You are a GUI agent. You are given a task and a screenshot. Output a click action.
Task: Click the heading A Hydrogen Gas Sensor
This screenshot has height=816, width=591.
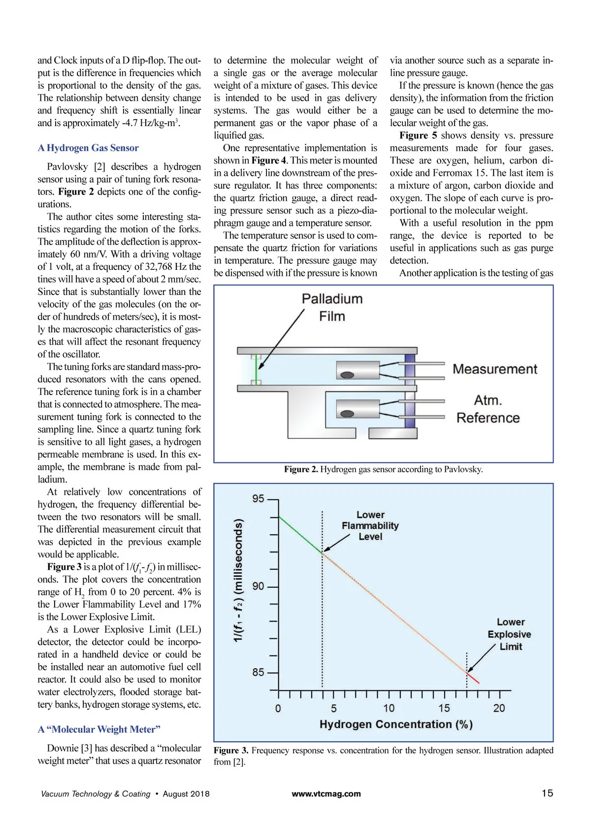click(88, 148)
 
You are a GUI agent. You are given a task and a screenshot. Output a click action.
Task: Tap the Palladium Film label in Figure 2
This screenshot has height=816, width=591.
click(332, 307)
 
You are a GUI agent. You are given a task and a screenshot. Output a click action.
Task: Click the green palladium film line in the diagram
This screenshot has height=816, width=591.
click(256, 369)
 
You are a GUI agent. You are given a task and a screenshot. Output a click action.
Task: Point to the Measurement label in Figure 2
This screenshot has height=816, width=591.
click(495, 369)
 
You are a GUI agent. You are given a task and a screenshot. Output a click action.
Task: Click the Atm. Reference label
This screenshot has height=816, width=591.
click(488, 409)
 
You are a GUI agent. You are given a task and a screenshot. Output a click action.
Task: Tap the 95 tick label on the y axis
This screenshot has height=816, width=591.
click(258, 498)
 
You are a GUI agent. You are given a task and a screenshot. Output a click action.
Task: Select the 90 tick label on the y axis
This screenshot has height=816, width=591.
click(258, 586)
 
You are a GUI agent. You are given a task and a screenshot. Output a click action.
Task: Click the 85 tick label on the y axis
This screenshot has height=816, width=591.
click(258, 672)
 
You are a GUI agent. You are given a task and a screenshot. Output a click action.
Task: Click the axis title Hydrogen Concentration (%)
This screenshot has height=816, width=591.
click(396, 724)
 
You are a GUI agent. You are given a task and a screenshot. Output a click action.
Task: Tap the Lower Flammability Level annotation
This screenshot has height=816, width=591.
click(370, 525)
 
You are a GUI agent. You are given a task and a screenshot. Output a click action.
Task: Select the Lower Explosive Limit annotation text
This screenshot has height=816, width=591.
click(509, 634)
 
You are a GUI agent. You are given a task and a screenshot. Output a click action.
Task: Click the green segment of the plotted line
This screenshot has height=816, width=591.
click(300, 535)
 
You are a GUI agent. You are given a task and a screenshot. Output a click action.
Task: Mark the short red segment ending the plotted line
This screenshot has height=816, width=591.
click(473, 678)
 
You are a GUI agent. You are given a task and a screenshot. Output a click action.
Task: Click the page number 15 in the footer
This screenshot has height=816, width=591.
click(547, 793)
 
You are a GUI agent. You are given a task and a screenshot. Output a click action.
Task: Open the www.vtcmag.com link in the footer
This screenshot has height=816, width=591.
click(326, 794)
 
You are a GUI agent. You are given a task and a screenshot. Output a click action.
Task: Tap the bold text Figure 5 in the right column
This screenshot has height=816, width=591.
click(418, 135)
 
